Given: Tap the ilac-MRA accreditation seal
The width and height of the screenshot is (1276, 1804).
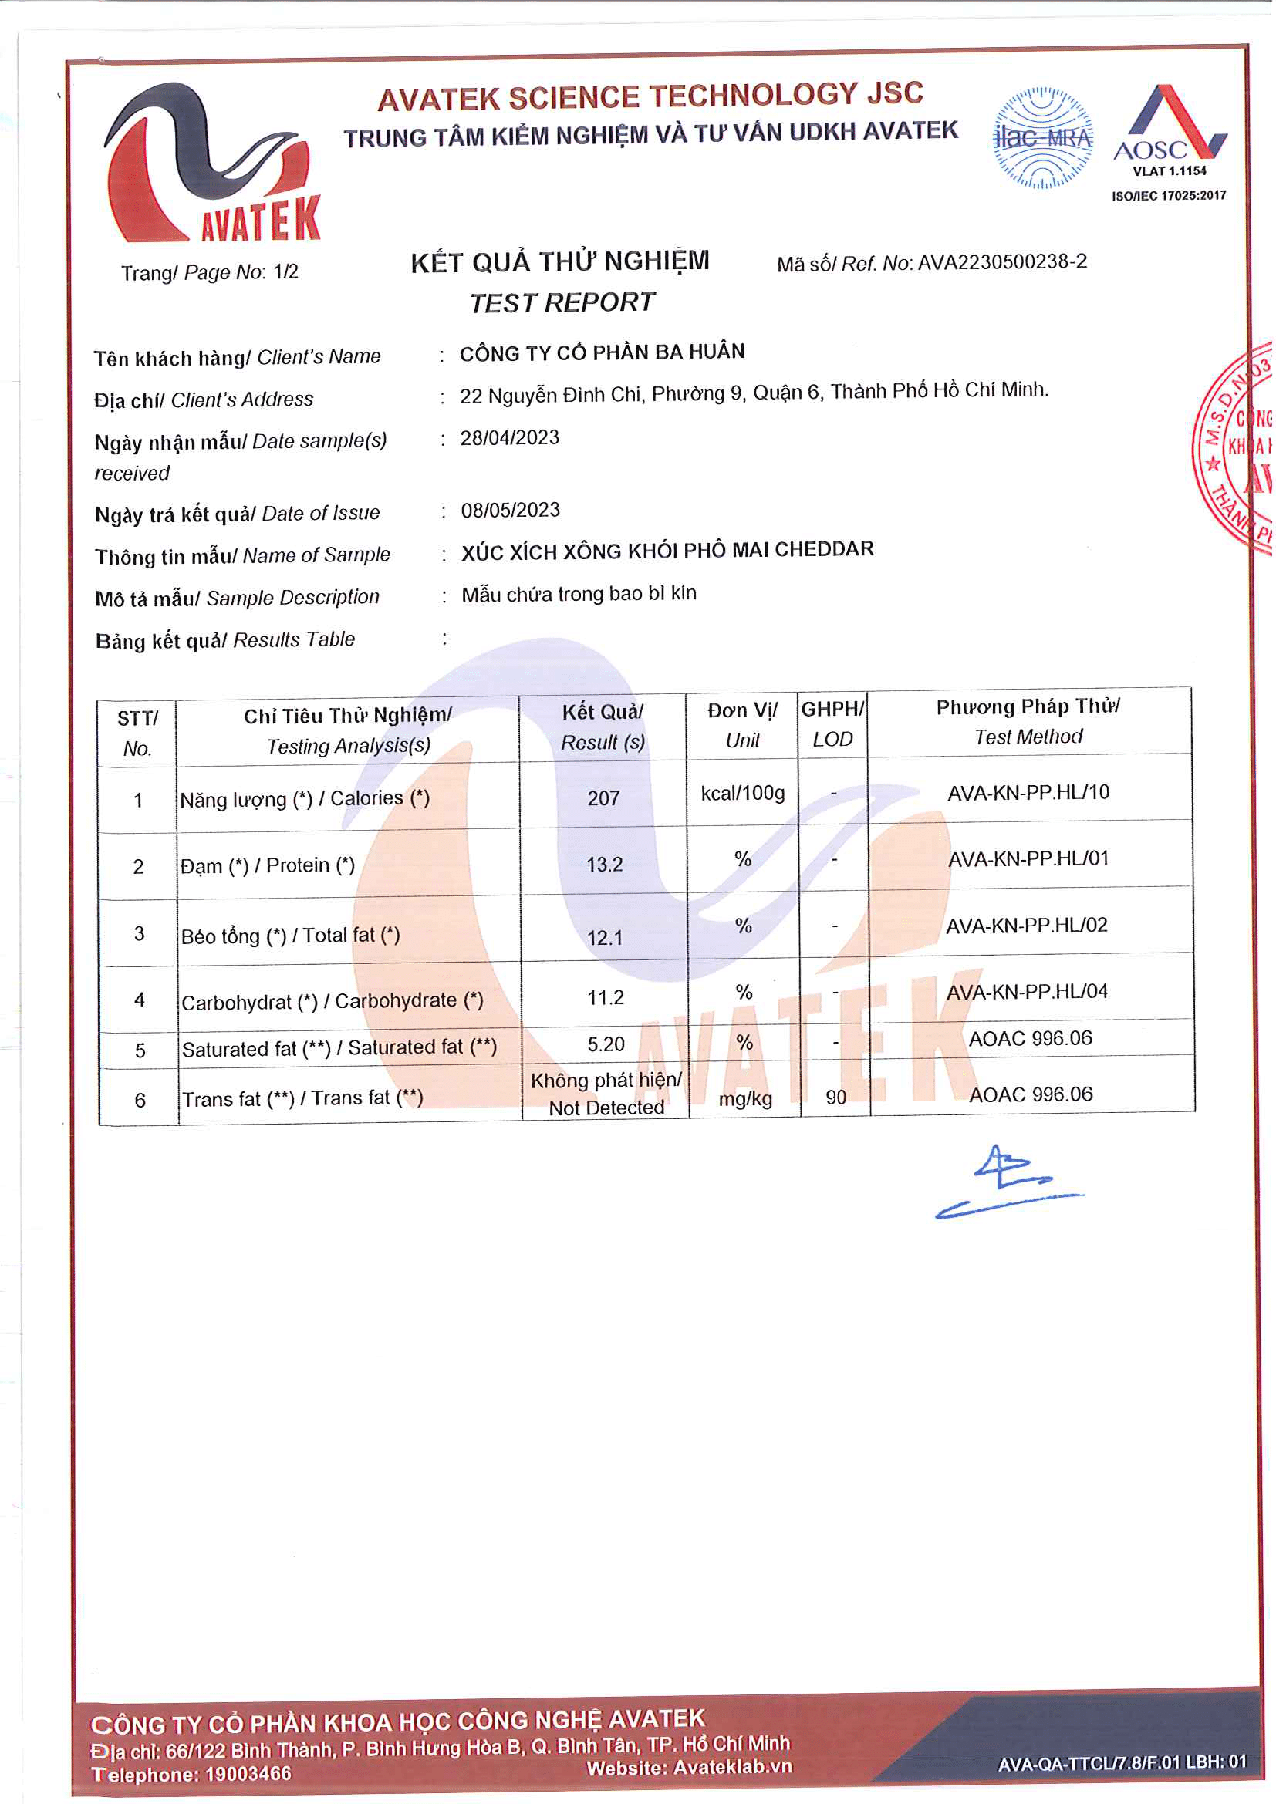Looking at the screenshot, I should click(x=1045, y=138).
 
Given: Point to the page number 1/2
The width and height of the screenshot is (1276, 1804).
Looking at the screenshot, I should click(x=286, y=271).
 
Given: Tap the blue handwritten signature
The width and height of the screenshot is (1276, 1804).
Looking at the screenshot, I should click(x=1010, y=1183).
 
